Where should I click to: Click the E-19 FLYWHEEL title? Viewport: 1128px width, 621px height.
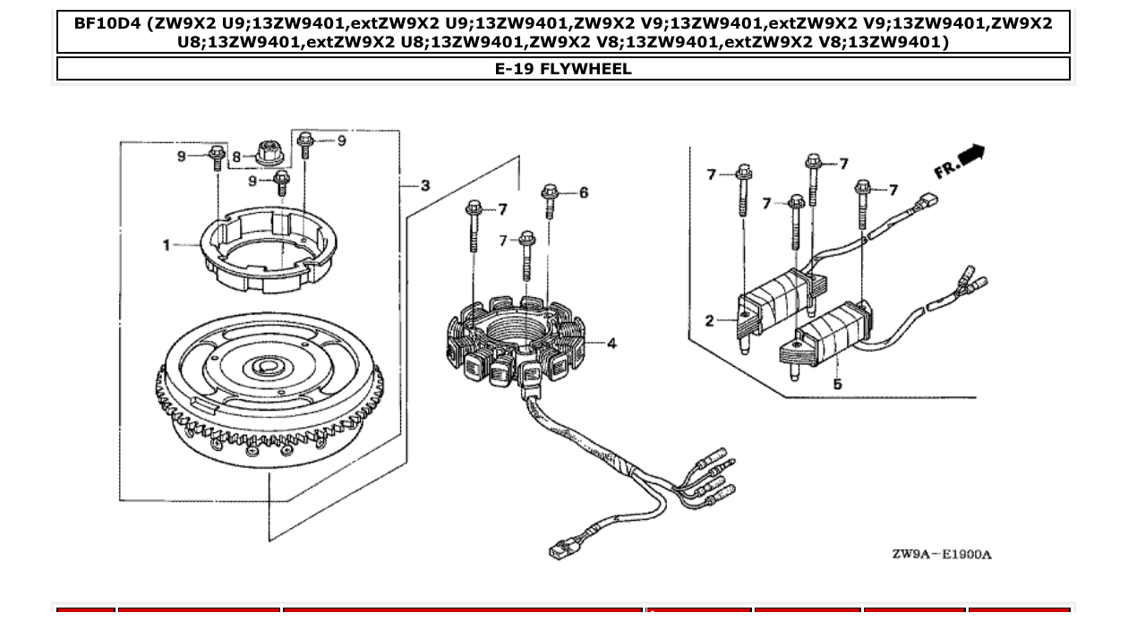(x=563, y=69)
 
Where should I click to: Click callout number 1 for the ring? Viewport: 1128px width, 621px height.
(x=167, y=245)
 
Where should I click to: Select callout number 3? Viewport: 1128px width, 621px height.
(x=425, y=185)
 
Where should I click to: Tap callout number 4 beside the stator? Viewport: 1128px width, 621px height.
(x=611, y=343)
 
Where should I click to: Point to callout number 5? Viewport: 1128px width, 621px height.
(x=837, y=384)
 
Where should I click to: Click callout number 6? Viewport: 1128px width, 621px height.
(x=584, y=192)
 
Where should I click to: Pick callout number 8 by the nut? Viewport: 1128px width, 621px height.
(x=237, y=157)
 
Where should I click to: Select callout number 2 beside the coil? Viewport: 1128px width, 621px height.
(x=709, y=320)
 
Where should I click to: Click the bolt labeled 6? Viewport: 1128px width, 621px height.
(x=550, y=200)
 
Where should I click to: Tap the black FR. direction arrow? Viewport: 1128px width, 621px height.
(x=970, y=157)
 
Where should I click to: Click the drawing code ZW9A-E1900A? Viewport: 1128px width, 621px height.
(x=941, y=554)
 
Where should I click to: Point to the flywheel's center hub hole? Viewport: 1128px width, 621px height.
(x=266, y=365)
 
